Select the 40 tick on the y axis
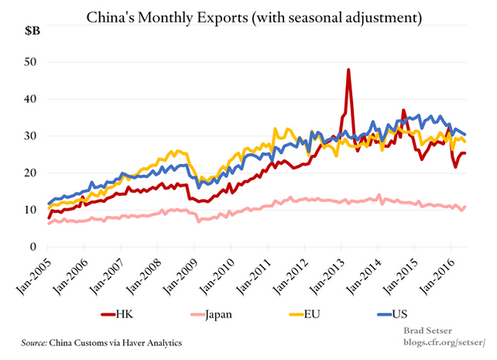tap(31, 99)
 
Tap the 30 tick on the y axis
tap(31, 135)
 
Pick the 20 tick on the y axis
tap(31, 173)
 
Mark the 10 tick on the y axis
tap(31, 210)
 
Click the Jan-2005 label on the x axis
tap(34, 271)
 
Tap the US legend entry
tap(377, 314)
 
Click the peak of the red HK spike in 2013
tap(348, 70)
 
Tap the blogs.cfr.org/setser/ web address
tap(444, 342)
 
